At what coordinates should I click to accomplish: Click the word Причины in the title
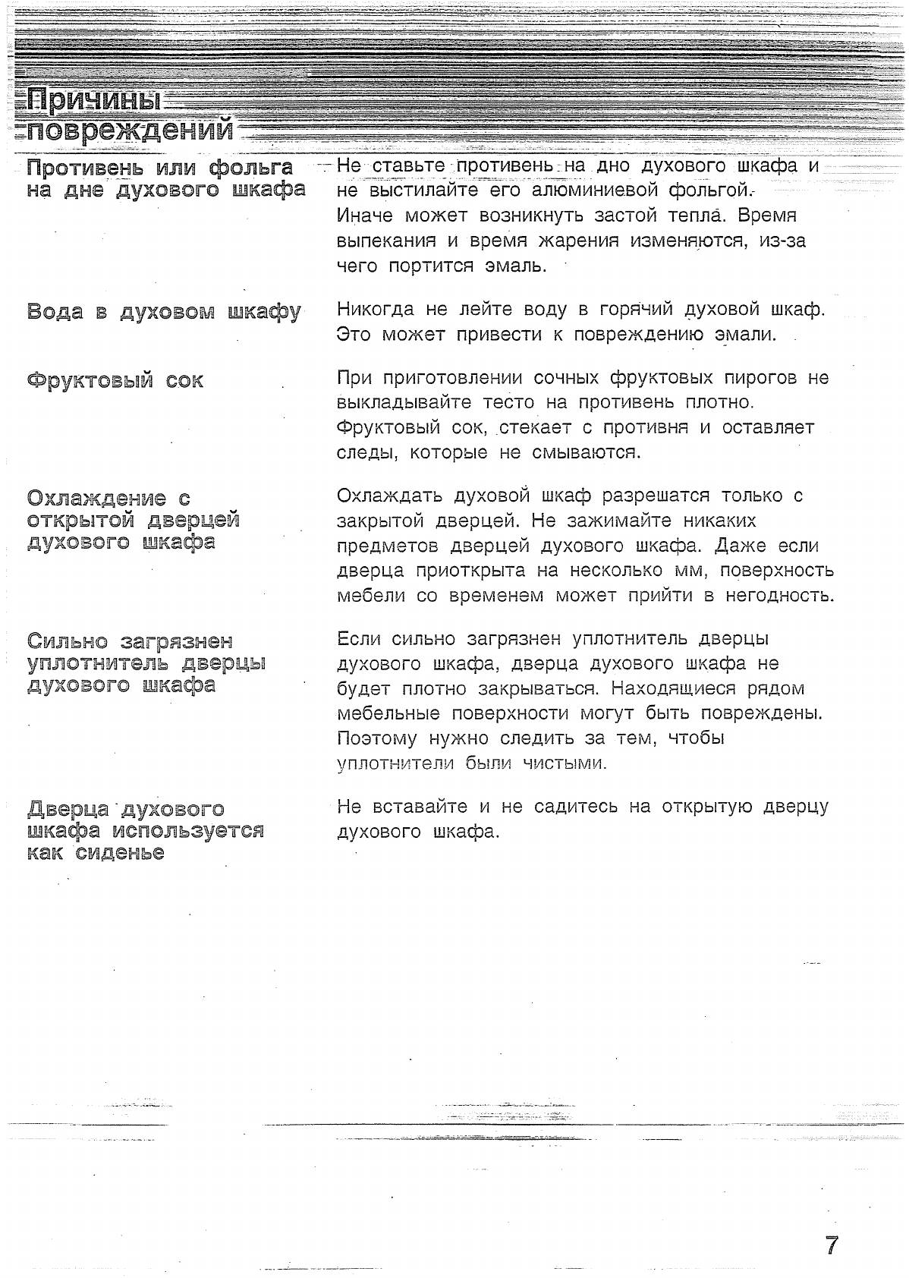point(95,101)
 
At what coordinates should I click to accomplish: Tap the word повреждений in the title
point(130,131)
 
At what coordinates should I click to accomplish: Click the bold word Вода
point(55,311)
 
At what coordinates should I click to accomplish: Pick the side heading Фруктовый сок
point(115,379)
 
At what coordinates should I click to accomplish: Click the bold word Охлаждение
point(97,498)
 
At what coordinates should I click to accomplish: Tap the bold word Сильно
point(66,641)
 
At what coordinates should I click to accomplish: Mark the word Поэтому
point(377,738)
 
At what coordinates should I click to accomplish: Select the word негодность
point(780,596)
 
